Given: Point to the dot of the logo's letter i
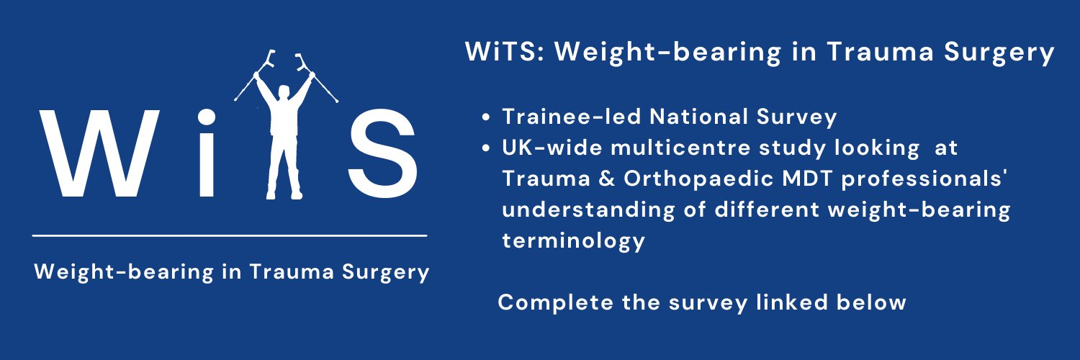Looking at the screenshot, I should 207,117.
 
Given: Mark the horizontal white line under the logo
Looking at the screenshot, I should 230,235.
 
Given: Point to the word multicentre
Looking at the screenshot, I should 670,148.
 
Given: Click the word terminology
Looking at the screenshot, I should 573,240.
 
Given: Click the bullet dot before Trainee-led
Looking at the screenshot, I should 488,117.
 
